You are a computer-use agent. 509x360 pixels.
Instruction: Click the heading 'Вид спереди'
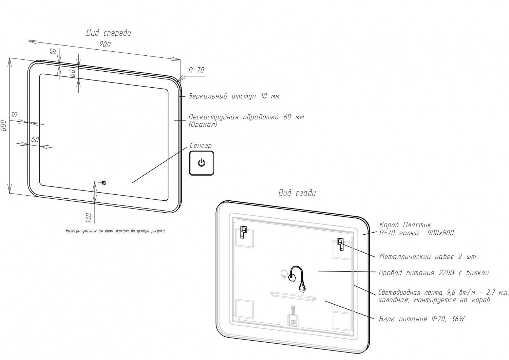(109, 33)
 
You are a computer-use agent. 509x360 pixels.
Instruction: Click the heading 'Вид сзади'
(297, 193)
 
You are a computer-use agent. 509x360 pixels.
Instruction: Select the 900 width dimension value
(105, 44)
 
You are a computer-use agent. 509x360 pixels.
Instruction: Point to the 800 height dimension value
(4, 126)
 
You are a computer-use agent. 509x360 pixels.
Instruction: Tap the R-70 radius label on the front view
(196, 70)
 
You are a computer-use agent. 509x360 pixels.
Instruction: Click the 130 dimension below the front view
(89, 217)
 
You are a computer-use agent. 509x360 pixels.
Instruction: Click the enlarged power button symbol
(202, 163)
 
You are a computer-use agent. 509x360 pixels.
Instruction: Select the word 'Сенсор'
(201, 146)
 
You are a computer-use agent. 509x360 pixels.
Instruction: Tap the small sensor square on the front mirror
(104, 183)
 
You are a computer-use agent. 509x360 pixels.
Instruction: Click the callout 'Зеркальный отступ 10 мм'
(234, 96)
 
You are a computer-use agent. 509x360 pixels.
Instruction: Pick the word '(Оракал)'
(203, 124)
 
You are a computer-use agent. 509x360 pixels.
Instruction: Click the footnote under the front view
(115, 231)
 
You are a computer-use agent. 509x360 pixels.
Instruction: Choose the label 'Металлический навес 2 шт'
(427, 257)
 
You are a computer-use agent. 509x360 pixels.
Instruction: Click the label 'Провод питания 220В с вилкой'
(434, 273)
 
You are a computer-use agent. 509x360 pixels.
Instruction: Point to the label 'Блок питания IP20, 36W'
(421, 319)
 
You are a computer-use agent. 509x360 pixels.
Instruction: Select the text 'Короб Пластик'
(405, 225)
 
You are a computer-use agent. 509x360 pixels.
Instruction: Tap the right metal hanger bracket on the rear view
(340, 245)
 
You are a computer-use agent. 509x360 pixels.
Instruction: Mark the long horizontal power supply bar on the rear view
(293, 296)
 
